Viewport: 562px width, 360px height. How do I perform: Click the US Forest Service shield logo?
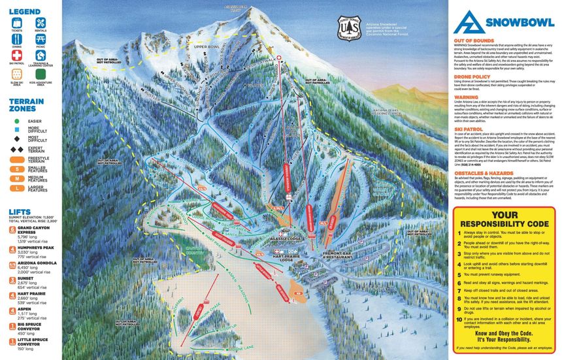[x=350, y=29]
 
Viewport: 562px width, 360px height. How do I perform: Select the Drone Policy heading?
[x=471, y=76]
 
